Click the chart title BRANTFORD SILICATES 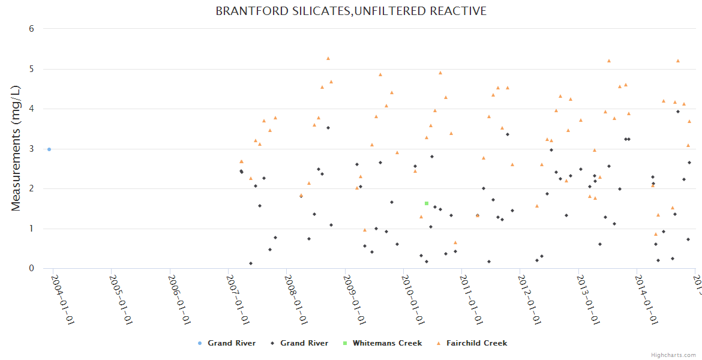pyautogui.click(x=351, y=11)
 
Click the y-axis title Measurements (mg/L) pyautogui.click(x=16, y=148)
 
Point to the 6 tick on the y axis pyautogui.click(x=31, y=29)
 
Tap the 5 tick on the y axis pyautogui.click(x=31, y=69)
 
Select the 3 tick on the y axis pyautogui.click(x=31, y=149)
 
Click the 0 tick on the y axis pyautogui.click(x=31, y=268)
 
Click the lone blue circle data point pyautogui.click(x=49, y=149)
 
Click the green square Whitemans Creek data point pyautogui.click(x=427, y=203)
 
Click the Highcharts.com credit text pyautogui.click(x=673, y=355)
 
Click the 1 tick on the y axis pyautogui.click(x=31, y=229)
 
